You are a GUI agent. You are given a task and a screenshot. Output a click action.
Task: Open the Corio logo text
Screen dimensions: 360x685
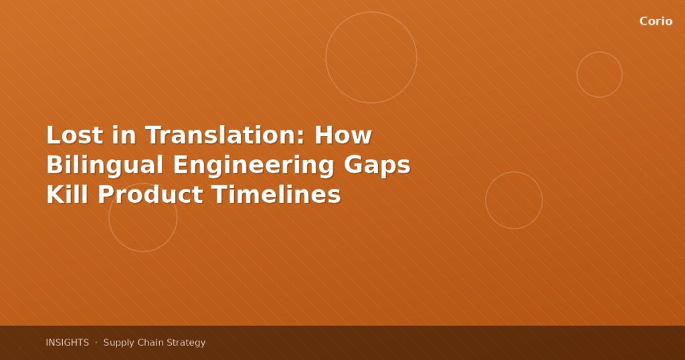[x=656, y=21]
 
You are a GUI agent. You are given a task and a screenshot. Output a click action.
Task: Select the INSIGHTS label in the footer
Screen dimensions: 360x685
[x=67, y=343]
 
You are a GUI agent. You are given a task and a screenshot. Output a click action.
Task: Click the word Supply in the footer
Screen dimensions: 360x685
[x=118, y=343]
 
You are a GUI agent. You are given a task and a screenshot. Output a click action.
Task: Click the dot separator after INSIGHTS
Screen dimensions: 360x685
[x=96, y=343]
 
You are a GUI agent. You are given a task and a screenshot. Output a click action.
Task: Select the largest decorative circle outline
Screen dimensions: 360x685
[x=371, y=12]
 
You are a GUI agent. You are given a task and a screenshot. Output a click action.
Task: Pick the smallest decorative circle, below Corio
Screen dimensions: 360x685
[x=599, y=52]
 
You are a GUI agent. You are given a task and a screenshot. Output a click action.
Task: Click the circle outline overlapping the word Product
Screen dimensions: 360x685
[x=143, y=251]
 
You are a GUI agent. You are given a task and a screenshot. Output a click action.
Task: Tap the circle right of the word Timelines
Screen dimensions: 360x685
[x=514, y=172]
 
